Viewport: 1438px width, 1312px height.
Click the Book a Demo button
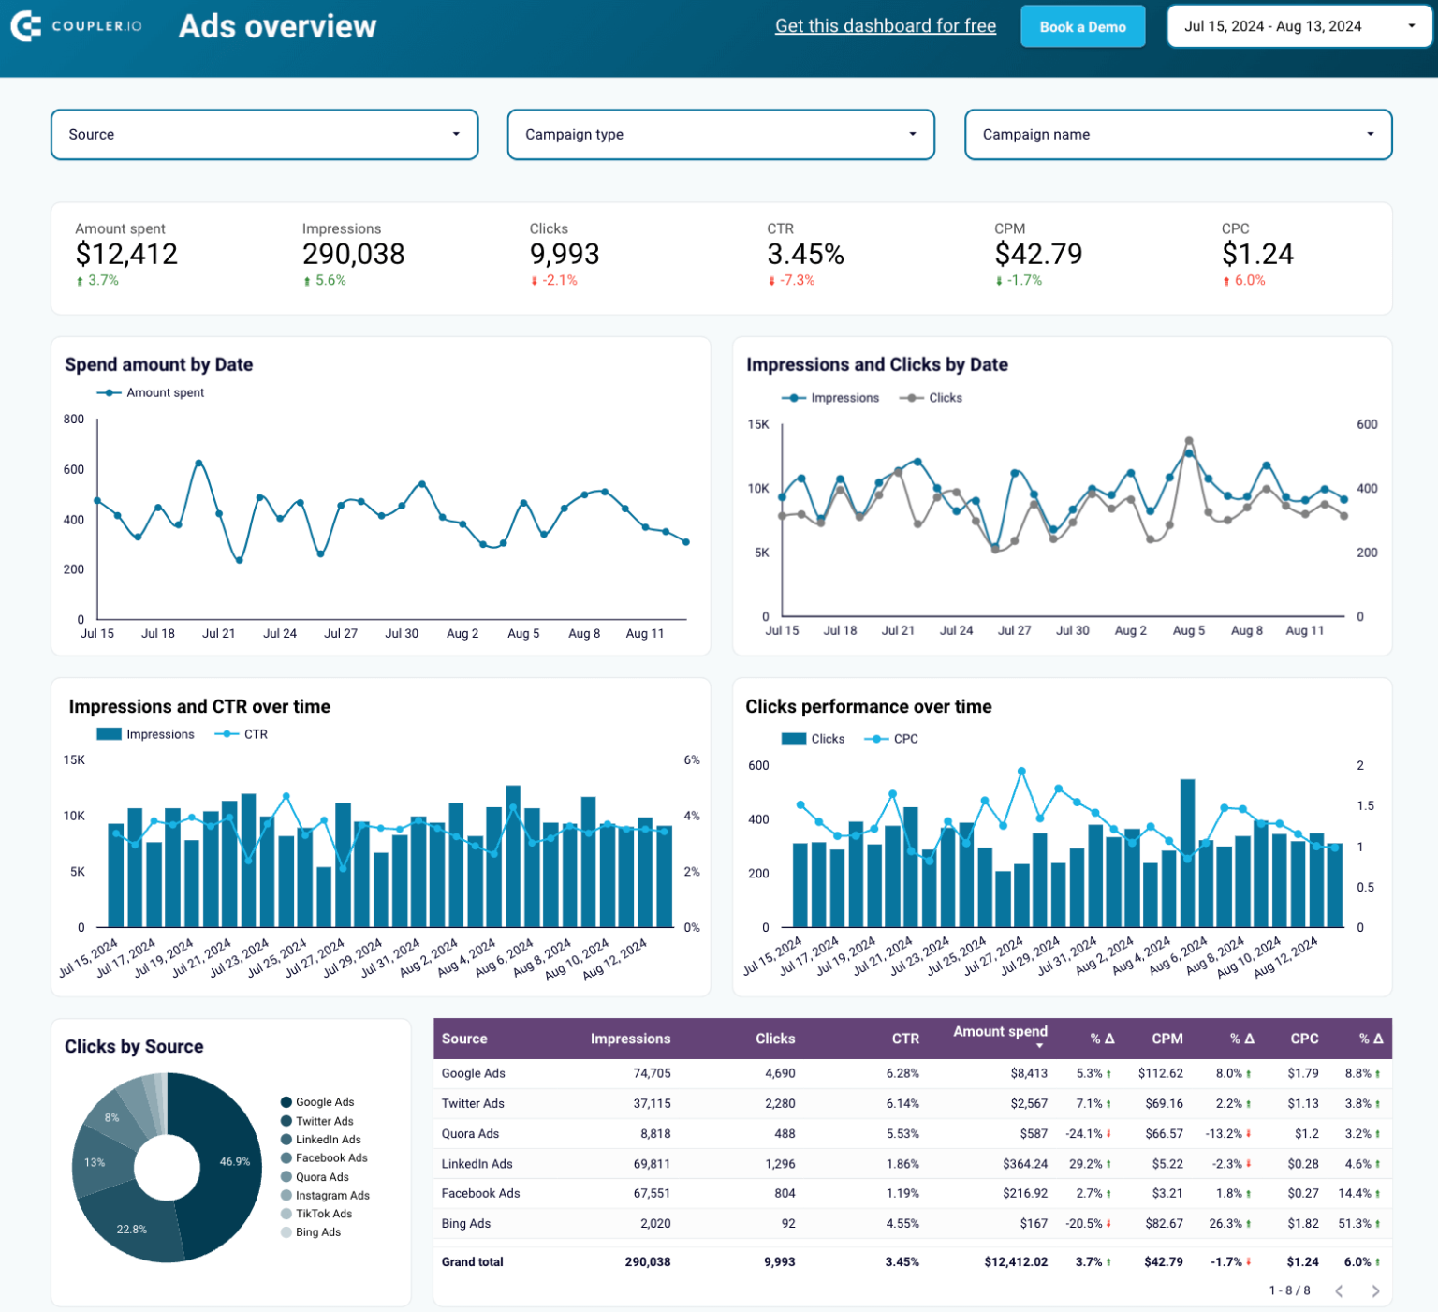point(1082,27)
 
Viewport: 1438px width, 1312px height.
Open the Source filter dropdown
point(264,135)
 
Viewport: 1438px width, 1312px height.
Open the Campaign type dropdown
point(720,135)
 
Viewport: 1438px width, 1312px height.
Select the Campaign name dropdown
point(1178,135)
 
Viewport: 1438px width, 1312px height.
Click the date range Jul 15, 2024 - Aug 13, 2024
point(1299,26)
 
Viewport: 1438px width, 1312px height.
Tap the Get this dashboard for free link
point(885,26)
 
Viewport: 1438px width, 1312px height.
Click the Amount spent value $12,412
point(126,254)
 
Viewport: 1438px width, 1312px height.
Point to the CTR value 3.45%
point(805,254)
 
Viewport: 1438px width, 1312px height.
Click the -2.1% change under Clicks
point(559,281)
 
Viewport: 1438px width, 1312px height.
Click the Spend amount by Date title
point(158,364)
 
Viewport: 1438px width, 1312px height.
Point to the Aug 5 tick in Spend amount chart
point(523,634)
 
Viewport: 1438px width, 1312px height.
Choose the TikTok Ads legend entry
point(323,1214)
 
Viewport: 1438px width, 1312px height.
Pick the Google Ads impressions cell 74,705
point(652,1073)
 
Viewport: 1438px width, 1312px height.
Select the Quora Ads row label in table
point(470,1134)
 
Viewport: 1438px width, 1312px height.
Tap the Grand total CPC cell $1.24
point(1302,1262)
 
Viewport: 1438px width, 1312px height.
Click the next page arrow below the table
point(1375,1291)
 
